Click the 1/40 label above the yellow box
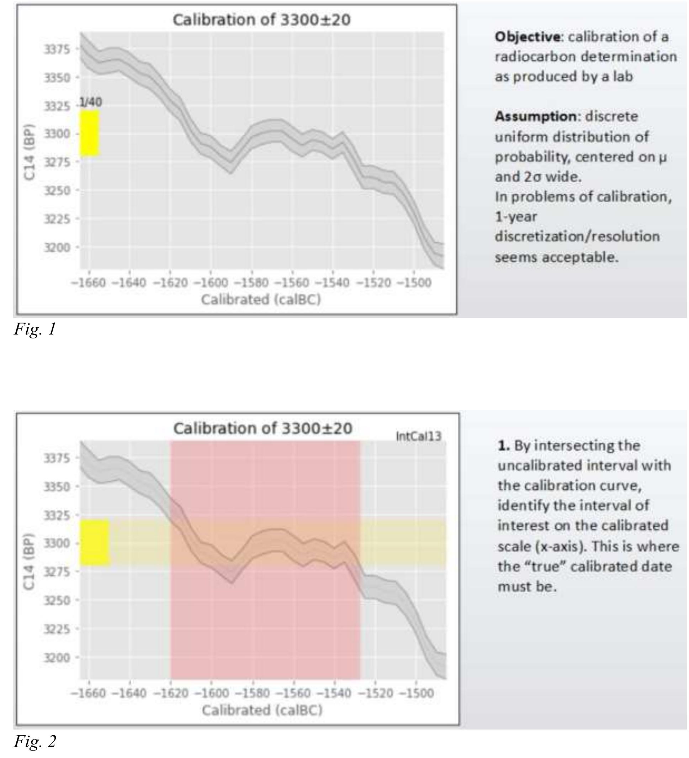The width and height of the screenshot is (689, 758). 91,102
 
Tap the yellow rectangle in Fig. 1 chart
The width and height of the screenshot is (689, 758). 90,133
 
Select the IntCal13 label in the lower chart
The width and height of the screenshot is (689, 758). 418,437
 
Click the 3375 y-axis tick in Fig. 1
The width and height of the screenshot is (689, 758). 57,49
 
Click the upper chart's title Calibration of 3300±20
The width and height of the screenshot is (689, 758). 261,20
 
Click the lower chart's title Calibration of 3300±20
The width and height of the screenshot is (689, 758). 263,428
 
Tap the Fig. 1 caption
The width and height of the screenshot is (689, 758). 35,330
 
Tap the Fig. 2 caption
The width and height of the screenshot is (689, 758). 35,741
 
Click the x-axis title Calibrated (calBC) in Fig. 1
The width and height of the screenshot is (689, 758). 261,300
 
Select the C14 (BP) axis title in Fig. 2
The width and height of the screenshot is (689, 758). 29,561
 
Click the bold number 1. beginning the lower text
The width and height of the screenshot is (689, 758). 503,446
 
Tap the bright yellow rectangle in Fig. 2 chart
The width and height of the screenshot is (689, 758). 95,543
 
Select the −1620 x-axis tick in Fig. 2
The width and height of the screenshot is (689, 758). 171,693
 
